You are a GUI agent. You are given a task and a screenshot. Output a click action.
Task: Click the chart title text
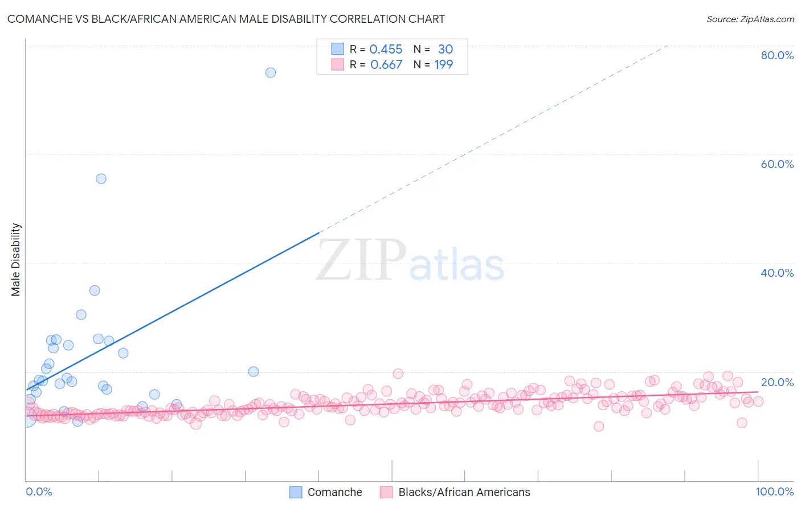226,19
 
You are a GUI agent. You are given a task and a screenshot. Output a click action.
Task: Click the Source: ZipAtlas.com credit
750,19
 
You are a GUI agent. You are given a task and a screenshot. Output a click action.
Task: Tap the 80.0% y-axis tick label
777,55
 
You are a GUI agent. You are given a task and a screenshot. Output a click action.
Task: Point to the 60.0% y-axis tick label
777,164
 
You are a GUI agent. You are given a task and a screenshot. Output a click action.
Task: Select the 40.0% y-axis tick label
777,273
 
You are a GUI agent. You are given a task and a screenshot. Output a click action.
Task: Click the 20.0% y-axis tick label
777,382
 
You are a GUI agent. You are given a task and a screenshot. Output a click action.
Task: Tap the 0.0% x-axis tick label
39,491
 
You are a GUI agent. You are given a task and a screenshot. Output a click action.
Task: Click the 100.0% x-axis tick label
774,491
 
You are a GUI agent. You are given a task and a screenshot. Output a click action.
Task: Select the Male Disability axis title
16,259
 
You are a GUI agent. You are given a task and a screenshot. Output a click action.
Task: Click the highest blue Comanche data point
271,72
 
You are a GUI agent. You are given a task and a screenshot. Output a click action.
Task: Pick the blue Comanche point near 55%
101,178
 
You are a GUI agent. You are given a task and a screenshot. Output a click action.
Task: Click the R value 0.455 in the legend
386,50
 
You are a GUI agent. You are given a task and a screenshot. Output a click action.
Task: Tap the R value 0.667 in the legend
386,65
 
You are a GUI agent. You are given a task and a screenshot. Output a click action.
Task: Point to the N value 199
443,65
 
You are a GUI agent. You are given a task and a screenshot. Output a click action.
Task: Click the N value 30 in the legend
445,50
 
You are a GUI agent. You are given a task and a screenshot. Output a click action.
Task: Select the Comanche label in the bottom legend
334,492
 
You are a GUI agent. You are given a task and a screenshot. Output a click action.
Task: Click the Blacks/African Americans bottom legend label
464,492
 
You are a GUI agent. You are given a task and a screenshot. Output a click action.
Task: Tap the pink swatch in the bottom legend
386,492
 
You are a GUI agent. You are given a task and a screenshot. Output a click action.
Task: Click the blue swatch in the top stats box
338,49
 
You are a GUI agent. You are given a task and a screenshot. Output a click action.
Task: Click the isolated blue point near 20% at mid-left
254,371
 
